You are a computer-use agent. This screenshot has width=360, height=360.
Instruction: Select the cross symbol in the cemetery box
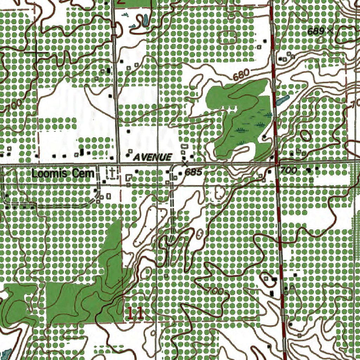112,172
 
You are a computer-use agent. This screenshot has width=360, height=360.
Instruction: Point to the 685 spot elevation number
194,172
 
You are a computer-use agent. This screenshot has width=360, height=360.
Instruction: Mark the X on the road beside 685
185,164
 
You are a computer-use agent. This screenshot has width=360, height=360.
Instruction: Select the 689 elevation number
315,31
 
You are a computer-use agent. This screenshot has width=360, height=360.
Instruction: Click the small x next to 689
330,31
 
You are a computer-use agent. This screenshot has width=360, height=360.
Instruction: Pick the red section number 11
136,314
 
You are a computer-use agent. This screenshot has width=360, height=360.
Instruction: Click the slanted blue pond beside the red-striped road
283,101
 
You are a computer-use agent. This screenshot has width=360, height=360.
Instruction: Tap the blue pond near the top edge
144,20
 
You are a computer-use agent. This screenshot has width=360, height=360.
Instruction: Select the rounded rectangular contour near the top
228,37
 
